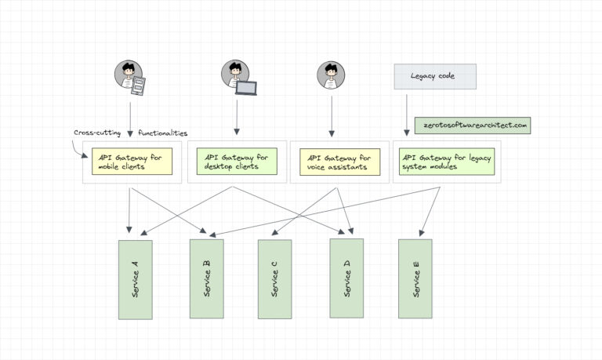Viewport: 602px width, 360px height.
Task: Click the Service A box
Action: click(135, 279)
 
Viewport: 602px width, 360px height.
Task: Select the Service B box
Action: click(206, 279)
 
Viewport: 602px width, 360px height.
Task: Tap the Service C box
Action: click(275, 279)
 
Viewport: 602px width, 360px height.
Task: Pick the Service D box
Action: click(346, 279)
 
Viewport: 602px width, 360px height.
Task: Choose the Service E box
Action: click(415, 279)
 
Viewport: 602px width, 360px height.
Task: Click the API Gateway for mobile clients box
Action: click(132, 162)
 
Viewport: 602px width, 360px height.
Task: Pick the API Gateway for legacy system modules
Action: click(445, 162)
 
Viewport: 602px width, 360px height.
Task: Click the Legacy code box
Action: click(434, 76)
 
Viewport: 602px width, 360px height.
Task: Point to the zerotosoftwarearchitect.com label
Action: click(472, 125)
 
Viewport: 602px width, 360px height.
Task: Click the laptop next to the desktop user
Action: click(247, 86)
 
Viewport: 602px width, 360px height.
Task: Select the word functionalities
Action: click(163, 132)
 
